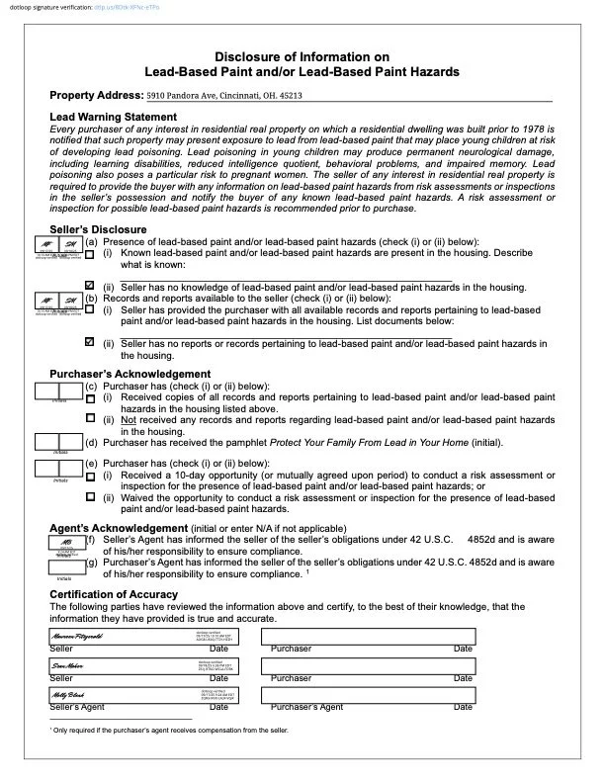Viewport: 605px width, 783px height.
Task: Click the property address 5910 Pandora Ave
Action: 224,96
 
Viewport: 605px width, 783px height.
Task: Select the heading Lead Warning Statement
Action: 113,117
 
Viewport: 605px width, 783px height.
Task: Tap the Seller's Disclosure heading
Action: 98,229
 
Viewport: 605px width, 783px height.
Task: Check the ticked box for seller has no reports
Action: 90,342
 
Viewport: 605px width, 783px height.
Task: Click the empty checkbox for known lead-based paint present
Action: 90,253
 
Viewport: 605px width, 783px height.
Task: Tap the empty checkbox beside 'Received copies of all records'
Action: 90,397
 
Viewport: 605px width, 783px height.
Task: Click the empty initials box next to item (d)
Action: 57,441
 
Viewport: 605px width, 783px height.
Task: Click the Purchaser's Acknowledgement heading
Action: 130,374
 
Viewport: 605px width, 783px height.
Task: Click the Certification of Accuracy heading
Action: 114,594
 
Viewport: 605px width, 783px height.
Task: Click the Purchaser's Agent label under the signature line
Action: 306,707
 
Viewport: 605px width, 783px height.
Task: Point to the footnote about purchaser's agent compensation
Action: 168,730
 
